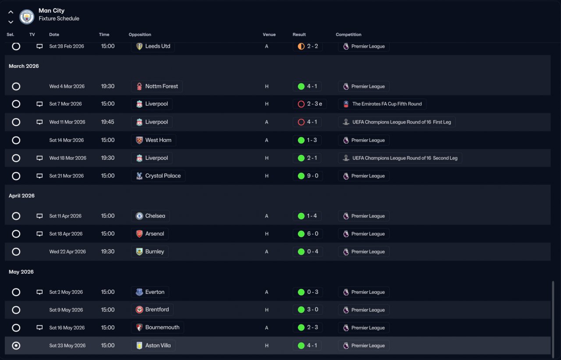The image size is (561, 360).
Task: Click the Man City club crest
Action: coord(27,17)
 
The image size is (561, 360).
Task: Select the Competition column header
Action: coord(348,35)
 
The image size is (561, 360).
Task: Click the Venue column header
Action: coord(269,35)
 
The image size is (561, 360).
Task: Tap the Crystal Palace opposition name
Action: coord(163,176)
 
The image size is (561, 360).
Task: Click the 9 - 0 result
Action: coord(312,176)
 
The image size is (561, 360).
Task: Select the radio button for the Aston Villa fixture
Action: coord(16,346)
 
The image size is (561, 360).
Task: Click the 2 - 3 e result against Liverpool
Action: coord(315,104)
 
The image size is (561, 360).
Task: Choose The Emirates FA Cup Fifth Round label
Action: coord(387,104)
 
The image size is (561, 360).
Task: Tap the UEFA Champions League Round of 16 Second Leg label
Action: coord(405,158)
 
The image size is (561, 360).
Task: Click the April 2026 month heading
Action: coord(21,195)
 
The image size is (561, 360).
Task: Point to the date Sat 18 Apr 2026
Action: coord(66,233)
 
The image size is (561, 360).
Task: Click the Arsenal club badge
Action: coord(139,233)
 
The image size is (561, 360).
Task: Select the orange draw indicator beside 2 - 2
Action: coord(301,46)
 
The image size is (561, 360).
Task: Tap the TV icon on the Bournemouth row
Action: coord(39,328)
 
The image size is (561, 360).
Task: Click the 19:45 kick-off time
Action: coord(108,122)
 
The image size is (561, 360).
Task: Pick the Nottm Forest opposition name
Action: coord(162,86)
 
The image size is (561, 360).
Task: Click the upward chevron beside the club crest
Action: coord(11,12)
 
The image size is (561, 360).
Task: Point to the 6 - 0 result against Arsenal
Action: coord(312,233)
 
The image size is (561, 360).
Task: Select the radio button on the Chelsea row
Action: coord(16,216)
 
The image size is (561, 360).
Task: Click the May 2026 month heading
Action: coord(21,272)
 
